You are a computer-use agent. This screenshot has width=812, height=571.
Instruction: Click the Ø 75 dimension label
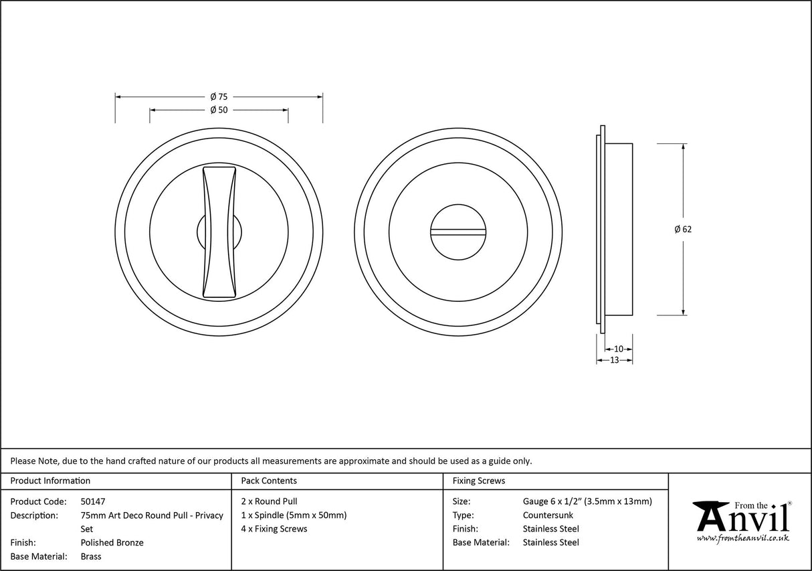pyautogui.click(x=219, y=96)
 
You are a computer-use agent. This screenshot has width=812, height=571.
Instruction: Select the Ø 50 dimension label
pyautogui.click(x=219, y=110)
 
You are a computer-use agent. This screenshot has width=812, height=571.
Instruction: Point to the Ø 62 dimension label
pyautogui.click(x=683, y=229)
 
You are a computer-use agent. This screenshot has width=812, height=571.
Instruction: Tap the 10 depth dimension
pyautogui.click(x=618, y=349)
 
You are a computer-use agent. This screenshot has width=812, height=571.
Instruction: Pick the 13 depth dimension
pyautogui.click(x=614, y=360)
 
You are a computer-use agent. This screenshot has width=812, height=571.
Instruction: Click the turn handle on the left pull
pyautogui.click(x=219, y=231)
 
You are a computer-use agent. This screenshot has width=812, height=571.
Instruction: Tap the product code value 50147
pyautogui.click(x=92, y=501)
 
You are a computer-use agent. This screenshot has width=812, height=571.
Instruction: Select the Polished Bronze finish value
pyautogui.click(x=112, y=543)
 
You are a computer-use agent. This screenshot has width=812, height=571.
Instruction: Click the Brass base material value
pyautogui.click(x=91, y=556)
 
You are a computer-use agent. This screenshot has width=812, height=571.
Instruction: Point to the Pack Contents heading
pyautogui.click(x=268, y=481)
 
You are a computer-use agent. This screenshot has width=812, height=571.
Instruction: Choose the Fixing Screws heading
pyautogui.click(x=478, y=481)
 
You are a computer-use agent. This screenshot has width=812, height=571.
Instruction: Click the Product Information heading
pyautogui.click(x=50, y=481)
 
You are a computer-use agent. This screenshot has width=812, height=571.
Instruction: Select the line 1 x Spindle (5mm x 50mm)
pyautogui.click(x=294, y=515)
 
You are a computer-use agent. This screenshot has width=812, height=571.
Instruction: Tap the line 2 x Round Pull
pyautogui.click(x=269, y=501)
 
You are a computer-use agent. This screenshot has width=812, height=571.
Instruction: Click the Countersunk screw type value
pyautogui.click(x=548, y=515)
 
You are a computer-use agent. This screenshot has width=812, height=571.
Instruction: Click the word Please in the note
pyautogui.click(x=23, y=461)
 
